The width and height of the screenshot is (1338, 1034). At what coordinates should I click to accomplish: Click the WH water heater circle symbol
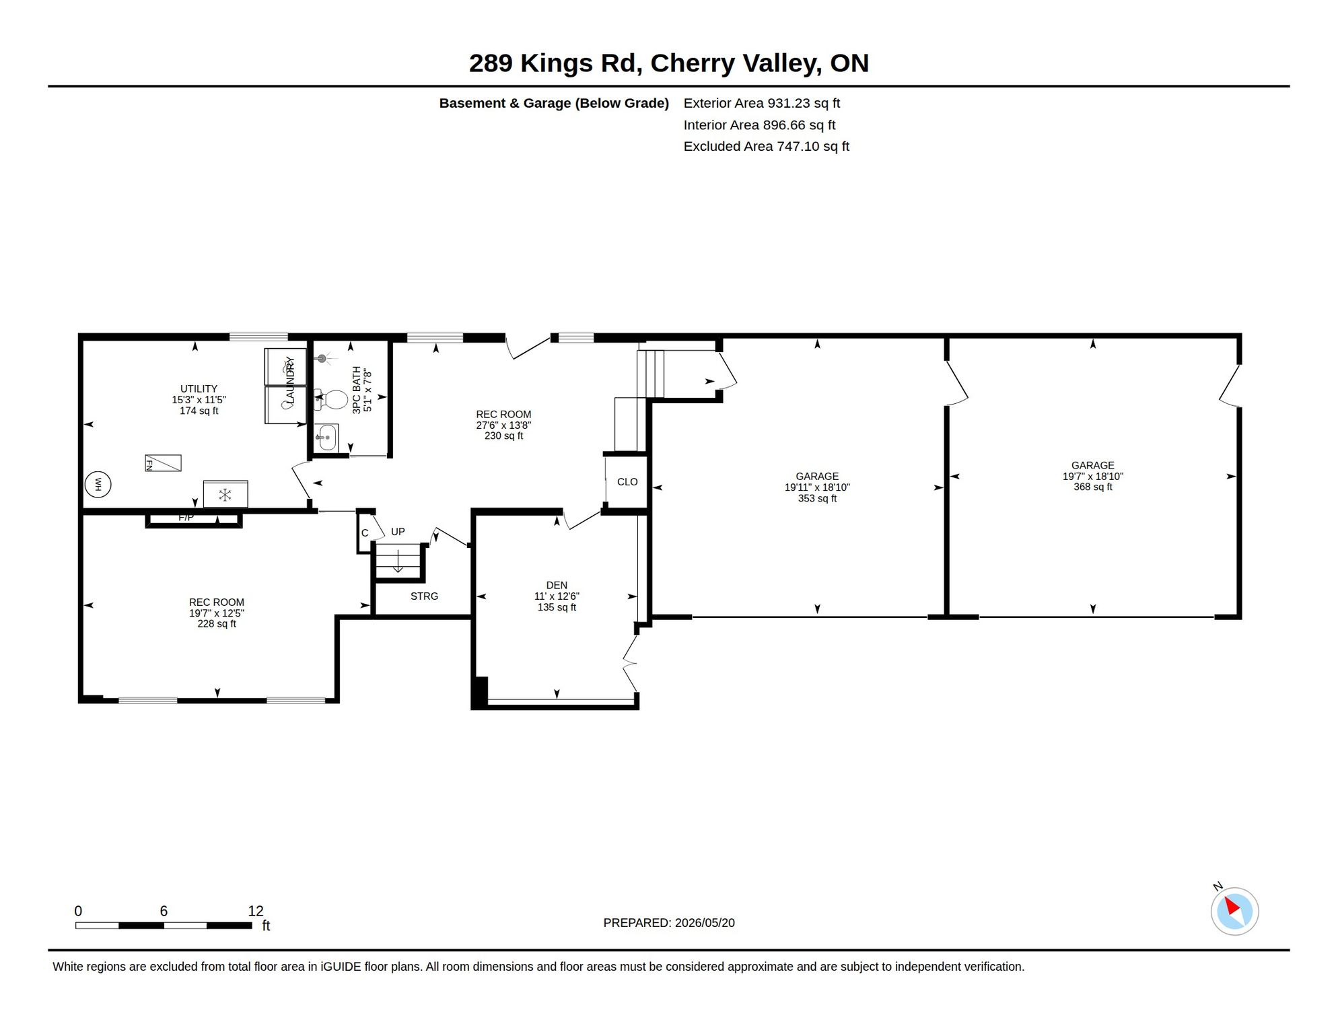click(98, 484)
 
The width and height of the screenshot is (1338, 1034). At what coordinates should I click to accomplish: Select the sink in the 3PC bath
click(326, 438)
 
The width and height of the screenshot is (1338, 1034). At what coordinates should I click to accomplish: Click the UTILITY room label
click(199, 388)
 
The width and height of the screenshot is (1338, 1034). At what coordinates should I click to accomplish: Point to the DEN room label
click(557, 585)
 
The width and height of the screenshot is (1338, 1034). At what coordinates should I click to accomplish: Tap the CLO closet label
click(627, 481)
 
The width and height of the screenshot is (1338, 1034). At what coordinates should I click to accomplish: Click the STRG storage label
click(424, 596)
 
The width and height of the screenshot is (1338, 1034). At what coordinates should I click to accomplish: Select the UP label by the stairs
click(398, 531)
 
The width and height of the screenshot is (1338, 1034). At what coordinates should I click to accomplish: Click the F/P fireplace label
click(186, 517)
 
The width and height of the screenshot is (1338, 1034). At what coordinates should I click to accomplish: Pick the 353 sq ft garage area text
click(817, 498)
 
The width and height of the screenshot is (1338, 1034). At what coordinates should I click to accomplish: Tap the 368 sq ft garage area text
click(1093, 487)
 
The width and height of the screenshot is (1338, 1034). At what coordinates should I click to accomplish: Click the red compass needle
click(1232, 906)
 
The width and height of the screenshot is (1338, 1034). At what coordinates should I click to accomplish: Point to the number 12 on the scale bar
click(255, 911)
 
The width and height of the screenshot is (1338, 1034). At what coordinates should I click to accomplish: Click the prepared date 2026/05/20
click(705, 923)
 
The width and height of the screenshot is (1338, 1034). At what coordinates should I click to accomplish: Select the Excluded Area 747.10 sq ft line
click(767, 146)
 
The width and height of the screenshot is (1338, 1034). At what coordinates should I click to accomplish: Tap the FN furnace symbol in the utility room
click(163, 463)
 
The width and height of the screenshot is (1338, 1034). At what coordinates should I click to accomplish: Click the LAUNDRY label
click(290, 381)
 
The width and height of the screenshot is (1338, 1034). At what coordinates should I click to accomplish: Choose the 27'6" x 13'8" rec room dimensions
click(503, 425)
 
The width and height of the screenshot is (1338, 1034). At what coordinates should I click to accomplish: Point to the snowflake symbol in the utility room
click(225, 495)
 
